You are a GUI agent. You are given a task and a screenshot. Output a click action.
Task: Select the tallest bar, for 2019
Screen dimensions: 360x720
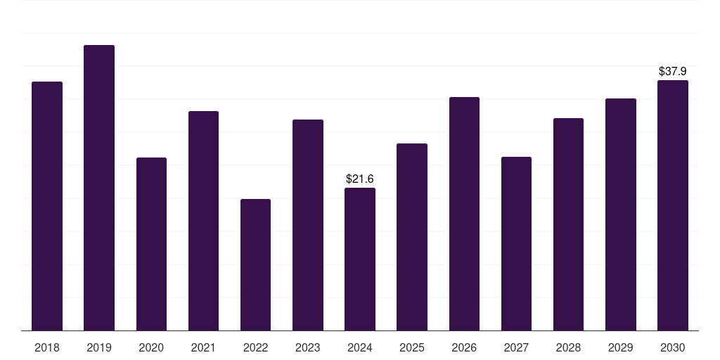point(99,188)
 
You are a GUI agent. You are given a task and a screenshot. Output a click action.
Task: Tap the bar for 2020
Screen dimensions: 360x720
point(151,244)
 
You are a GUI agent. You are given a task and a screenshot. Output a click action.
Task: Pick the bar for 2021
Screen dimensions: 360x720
point(203,221)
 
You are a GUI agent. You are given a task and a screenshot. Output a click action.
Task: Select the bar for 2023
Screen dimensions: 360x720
point(308,225)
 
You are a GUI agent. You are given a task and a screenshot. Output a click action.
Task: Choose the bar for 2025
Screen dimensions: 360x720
point(412,237)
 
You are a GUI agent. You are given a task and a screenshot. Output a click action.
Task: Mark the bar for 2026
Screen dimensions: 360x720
point(464,214)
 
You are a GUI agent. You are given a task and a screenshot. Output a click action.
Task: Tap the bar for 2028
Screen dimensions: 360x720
point(568,224)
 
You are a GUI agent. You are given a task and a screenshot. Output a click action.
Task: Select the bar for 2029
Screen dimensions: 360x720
point(621,214)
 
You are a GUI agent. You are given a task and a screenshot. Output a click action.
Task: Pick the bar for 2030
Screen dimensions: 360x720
point(673,205)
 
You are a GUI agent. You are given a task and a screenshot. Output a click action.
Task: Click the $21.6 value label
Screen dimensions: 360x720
point(360,179)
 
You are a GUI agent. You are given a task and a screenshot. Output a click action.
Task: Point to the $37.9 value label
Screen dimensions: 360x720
point(673,72)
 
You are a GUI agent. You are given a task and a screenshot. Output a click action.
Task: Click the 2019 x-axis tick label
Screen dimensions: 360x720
point(99,347)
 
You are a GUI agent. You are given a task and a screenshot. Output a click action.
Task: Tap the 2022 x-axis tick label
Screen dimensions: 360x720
point(255,347)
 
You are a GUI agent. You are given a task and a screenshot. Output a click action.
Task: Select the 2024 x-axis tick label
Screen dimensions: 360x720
point(360,347)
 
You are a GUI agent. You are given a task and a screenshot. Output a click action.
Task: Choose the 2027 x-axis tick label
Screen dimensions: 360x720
point(516,347)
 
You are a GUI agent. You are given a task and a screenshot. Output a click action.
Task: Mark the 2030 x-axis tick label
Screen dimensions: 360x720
point(673,347)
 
